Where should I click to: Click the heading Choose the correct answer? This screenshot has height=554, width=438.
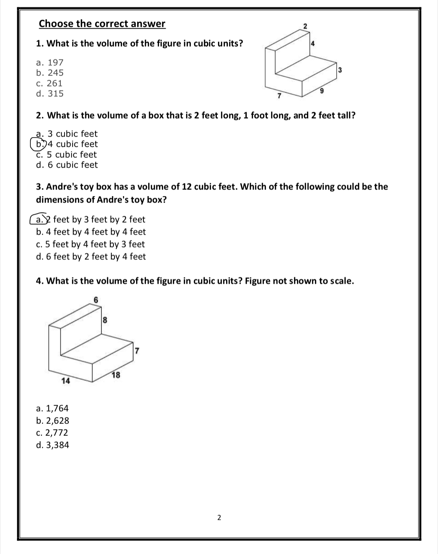coord(102,24)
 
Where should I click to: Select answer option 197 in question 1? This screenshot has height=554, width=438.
coord(50,62)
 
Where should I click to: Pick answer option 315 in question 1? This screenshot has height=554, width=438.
coord(50,93)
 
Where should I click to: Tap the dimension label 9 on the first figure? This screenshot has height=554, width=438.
coord(321,91)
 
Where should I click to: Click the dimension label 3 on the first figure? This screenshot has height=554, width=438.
coord(340,70)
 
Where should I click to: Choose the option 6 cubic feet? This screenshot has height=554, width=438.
coord(67,165)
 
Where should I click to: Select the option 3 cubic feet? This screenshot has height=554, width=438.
coord(67,134)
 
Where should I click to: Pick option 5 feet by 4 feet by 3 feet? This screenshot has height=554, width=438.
coord(90,244)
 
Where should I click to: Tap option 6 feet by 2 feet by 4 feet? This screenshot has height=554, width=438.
coord(91,256)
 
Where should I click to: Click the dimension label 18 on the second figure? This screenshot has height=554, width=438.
coord(116,375)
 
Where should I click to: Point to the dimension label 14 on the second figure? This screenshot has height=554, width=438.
coord(66,381)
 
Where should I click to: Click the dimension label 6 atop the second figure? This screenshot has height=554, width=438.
coord(95,299)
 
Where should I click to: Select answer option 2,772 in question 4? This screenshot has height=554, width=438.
coord(52,433)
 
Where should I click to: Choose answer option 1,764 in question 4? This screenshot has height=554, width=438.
coord(53,408)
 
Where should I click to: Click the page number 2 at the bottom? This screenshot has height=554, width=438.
coord(219,518)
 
